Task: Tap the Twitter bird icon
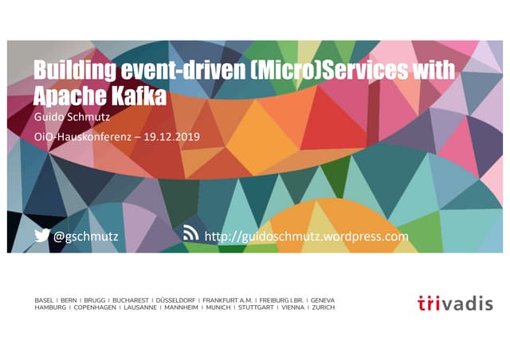tap(42, 236)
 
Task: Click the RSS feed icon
tap(191, 234)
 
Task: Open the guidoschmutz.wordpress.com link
tap(307, 237)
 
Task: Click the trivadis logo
tap(455, 303)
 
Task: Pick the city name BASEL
tap(44, 299)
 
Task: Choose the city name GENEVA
tap(323, 299)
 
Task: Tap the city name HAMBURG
tap(49, 307)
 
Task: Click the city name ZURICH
tap(324, 307)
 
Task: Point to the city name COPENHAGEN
tap(96, 307)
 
